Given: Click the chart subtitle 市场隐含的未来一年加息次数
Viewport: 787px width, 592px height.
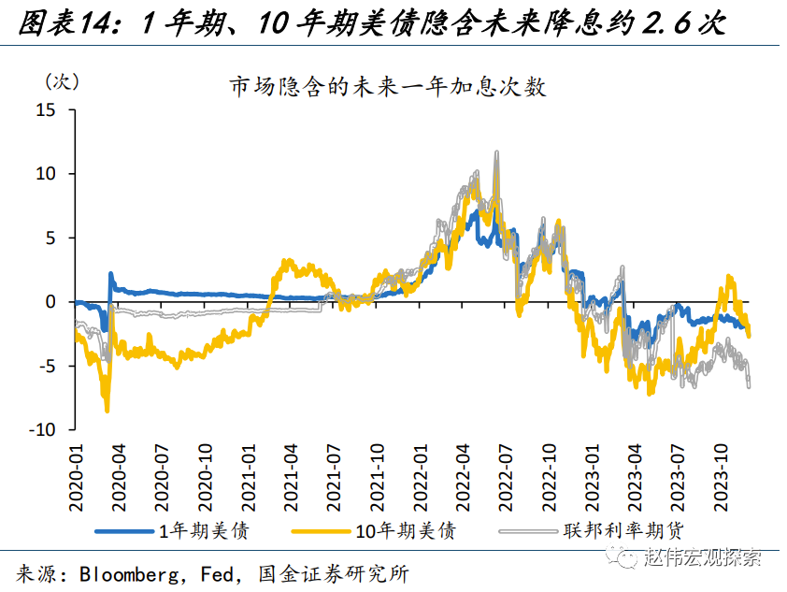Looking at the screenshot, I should pyautogui.click(x=388, y=88).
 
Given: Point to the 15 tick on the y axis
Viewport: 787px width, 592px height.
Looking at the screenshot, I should pyautogui.click(x=47, y=110).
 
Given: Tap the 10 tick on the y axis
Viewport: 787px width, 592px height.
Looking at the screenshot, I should pyautogui.click(x=47, y=174).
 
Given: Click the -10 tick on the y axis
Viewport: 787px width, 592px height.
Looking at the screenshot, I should pyautogui.click(x=43, y=429).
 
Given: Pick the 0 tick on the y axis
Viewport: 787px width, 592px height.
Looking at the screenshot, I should pyautogui.click(x=51, y=302).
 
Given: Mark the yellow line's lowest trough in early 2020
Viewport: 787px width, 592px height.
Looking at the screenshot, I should pyautogui.click(x=107, y=410).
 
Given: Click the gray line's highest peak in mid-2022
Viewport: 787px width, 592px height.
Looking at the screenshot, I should pyautogui.click(x=496, y=152).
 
